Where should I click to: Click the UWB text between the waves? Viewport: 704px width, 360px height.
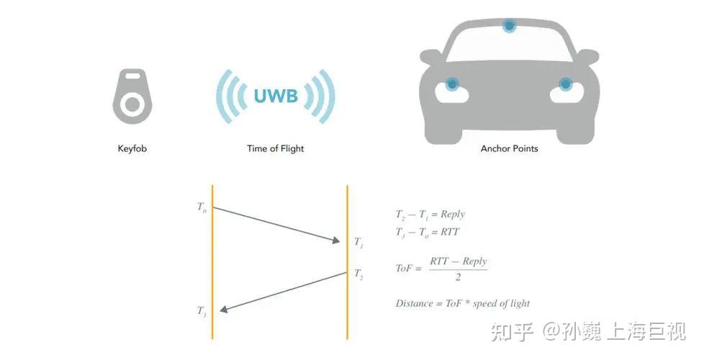276,96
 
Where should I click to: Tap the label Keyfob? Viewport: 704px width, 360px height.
132,149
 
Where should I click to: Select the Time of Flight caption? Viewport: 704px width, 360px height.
275,149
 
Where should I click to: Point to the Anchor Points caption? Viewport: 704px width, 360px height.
509,149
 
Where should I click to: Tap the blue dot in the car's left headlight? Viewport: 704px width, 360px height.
452,84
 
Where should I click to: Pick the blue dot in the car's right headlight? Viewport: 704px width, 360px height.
566,84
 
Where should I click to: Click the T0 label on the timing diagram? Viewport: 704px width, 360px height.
202,207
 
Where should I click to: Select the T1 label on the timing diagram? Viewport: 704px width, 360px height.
358,243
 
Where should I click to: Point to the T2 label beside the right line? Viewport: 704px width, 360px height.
358,274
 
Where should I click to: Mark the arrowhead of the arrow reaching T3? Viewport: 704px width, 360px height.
224,310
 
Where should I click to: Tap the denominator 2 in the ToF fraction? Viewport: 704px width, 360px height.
458,277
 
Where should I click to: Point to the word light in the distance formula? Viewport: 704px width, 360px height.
518,303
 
